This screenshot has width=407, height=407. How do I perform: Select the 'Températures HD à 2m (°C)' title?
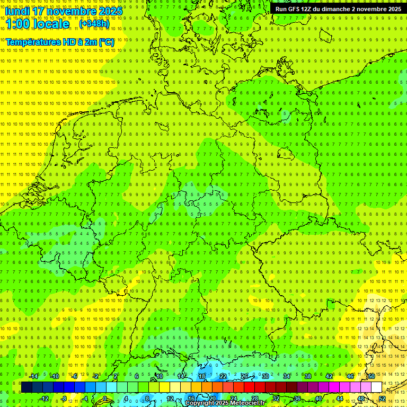59,42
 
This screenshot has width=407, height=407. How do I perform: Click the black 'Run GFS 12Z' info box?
338,9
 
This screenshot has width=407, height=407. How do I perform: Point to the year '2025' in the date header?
110,11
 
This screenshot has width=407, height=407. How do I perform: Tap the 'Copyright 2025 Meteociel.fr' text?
225,403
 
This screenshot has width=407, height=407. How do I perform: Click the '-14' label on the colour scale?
33,376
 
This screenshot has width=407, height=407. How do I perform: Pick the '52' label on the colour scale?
382,399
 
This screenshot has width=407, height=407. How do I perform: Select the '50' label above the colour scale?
371,376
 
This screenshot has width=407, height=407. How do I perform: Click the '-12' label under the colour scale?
44,399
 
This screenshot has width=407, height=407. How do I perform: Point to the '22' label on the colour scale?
223,376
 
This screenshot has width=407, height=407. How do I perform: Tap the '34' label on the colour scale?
287,376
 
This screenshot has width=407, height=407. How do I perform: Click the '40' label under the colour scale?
318,399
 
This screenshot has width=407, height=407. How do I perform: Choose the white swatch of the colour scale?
376,387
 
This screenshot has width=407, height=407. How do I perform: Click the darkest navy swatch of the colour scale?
26,387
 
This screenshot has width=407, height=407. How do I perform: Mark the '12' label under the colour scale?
170,399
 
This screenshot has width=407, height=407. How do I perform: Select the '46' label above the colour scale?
350,376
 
